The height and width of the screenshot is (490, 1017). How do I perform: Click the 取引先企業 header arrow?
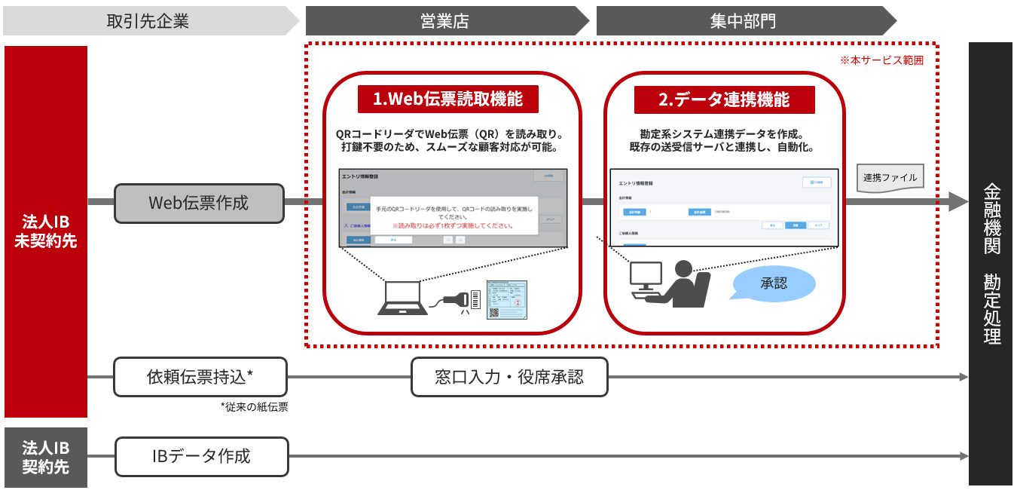(148, 21)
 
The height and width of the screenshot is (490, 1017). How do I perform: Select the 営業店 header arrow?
(444, 21)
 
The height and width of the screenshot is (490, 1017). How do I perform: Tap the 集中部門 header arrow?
(742, 21)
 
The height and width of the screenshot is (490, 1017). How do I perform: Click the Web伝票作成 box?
(199, 203)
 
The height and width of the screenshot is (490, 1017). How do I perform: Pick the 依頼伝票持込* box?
(200, 376)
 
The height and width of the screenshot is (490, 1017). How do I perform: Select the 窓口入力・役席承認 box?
(509, 376)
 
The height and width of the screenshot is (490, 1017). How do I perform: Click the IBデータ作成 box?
(201, 456)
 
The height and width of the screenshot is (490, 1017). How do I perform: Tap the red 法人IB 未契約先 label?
(46, 231)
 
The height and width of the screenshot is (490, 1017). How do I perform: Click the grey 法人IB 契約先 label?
(46, 457)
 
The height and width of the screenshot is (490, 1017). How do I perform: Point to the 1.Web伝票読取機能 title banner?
(450, 99)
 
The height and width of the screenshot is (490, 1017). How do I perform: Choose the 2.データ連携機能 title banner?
(724, 99)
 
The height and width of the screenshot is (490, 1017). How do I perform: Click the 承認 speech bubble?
(773, 283)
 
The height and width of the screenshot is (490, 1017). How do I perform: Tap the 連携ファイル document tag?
(889, 179)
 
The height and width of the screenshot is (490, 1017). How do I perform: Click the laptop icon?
(401, 299)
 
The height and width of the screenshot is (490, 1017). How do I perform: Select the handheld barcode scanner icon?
(457, 299)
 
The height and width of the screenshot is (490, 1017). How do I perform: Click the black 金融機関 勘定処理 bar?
(991, 264)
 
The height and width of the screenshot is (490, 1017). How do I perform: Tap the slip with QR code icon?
(507, 300)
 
